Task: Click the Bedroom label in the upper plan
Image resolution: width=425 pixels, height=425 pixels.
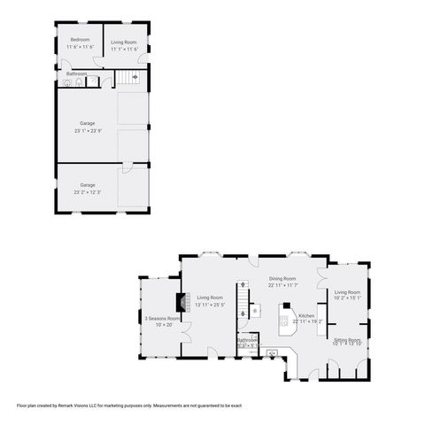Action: point(81,40)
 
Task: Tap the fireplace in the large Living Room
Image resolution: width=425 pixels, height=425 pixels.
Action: point(182,304)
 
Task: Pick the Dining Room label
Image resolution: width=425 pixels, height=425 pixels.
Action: point(282,278)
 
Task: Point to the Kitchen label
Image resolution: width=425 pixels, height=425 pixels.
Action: point(306,315)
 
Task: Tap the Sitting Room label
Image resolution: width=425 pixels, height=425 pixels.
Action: point(347,339)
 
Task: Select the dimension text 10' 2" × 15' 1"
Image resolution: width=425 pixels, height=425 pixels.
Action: point(347,298)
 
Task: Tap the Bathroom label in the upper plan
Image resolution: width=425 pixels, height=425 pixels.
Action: point(76,73)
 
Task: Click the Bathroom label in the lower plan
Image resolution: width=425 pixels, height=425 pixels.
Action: point(247,340)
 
